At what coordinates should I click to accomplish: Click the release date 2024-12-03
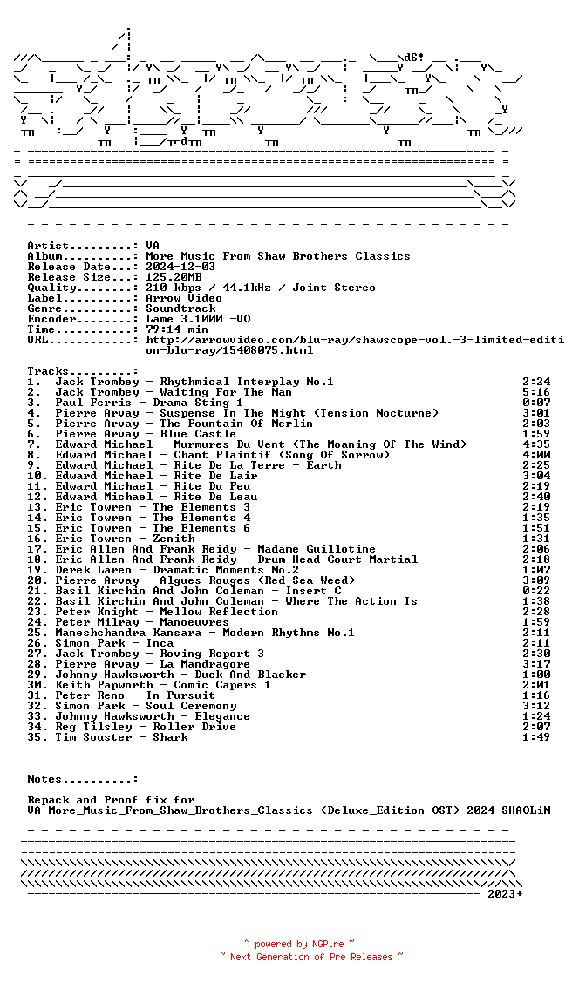click(180, 267)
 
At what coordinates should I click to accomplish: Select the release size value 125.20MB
click(174, 277)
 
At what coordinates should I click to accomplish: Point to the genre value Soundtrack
click(180, 308)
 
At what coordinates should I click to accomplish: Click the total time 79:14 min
click(177, 329)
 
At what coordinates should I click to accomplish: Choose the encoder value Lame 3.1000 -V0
click(198, 319)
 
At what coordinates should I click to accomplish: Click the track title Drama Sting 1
click(198, 403)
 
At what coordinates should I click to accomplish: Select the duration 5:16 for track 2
click(536, 392)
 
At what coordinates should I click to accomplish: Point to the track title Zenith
click(174, 539)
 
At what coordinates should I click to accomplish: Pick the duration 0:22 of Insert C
click(536, 591)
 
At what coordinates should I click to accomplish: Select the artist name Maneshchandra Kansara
click(125, 633)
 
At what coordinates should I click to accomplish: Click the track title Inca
click(160, 643)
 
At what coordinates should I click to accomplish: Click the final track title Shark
click(170, 737)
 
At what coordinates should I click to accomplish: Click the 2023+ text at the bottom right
click(505, 894)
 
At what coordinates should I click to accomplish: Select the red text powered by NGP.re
click(299, 944)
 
